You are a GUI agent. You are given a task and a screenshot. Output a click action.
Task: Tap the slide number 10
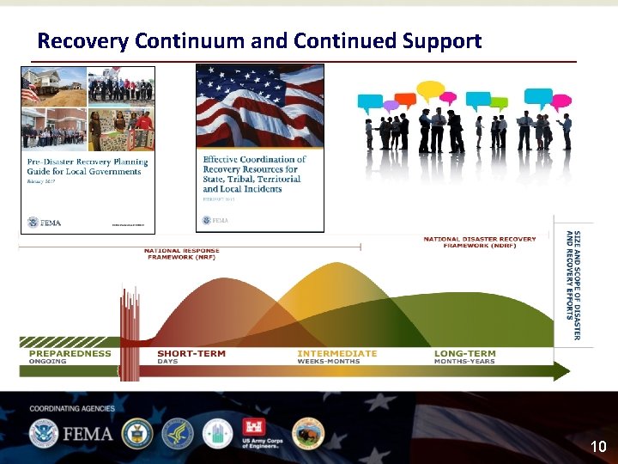[x=597, y=447]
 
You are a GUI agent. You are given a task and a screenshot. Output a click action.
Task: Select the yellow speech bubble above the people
[x=430, y=89]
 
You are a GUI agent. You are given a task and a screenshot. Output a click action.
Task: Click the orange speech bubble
[x=406, y=99]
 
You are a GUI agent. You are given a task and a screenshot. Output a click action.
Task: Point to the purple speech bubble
[x=391, y=106]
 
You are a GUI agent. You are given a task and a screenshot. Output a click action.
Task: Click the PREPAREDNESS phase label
[x=70, y=353]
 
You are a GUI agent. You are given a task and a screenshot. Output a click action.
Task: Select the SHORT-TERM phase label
[x=191, y=353]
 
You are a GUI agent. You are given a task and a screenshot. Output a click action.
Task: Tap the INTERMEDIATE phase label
[x=336, y=353]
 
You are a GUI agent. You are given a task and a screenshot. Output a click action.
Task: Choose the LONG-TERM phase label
[x=464, y=353]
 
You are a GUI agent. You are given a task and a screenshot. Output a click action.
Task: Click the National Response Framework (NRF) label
[x=181, y=253]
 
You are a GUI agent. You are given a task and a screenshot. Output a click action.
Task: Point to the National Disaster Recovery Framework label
[x=480, y=242]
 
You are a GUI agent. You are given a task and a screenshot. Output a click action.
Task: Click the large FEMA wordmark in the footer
[x=86, y=433]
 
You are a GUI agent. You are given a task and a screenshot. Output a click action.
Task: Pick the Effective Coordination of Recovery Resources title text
[x=254, y=174]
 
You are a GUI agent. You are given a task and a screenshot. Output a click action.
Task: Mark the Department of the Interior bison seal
[x=308, y=434]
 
